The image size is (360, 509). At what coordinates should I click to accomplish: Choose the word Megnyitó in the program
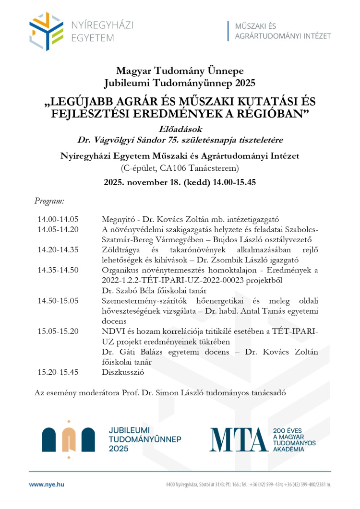(x=117, y=219)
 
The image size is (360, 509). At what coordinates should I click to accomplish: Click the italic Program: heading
(x=49, y=201)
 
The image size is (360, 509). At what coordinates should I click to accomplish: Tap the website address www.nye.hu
(x=47, y=485)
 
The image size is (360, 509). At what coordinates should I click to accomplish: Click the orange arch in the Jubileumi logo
(x=69, y=439)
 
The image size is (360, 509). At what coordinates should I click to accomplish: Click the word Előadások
(x=180, y=129)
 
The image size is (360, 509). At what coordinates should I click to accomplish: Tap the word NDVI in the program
(x=112, y=331)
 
